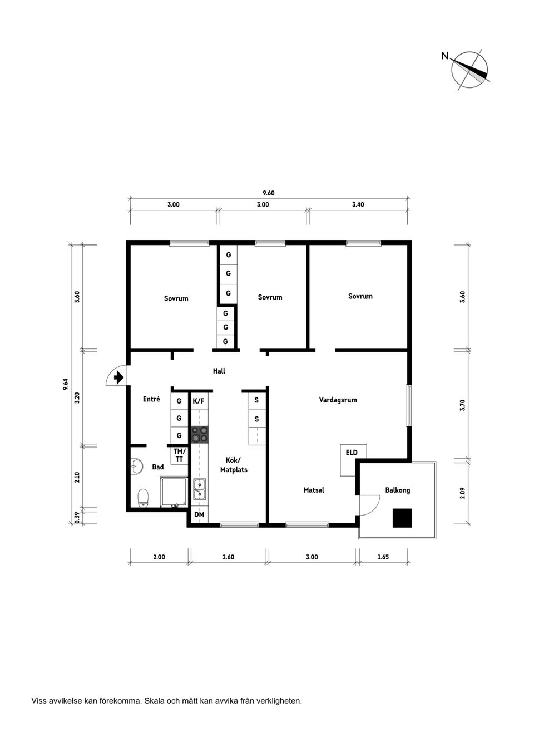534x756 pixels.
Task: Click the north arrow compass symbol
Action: click(x=471, y=70)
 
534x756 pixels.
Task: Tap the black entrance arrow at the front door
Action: click(x=117, y=378)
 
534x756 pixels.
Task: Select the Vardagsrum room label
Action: click(x=338, y=400)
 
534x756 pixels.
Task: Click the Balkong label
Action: click(x=397, y=490)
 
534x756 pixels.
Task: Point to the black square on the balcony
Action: click(x=402, y=518)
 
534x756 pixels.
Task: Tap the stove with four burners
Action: click(x=200, y=434)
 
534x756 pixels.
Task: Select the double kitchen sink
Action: click(x=200, y=489)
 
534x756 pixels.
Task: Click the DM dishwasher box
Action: click(x=199, y=515)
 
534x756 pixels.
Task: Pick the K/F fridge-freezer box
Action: click(x=199, y=401)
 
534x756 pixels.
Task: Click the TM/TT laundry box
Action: click(x=179, y=455)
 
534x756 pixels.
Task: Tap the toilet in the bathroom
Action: click(x=144, y=497)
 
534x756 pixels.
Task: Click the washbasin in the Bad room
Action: click(x=136, y=466)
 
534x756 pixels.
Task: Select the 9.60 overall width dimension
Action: click(x=269, y=193)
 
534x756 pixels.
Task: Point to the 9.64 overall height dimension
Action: click(x=66, y=384)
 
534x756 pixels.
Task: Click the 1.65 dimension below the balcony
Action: click(x=383, y=557)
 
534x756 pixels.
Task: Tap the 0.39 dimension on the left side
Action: click(x=77, y=517)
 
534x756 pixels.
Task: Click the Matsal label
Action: click(x=314, y=490)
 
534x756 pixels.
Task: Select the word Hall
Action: click(x=219, y=371)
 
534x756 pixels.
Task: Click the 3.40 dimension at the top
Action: click(x=358, y=204)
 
